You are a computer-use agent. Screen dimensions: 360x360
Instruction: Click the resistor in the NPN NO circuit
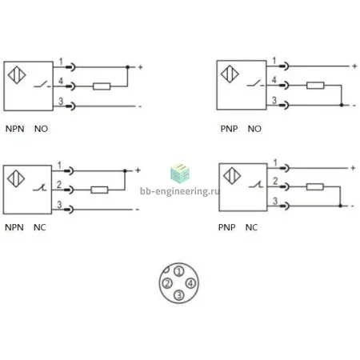point(102,86)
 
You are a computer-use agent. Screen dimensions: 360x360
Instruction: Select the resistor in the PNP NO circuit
point(315,86)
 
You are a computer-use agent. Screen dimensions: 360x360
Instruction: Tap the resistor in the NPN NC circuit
point(99,190)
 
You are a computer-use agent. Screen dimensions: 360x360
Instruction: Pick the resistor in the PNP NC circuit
point(315,186)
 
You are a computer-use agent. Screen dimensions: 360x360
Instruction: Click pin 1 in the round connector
point(179,271)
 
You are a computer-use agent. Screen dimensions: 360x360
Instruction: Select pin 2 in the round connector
point(167,283)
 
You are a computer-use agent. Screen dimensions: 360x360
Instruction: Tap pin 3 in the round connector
point(179,295)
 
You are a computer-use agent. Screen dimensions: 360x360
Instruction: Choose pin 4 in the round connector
point(190,283)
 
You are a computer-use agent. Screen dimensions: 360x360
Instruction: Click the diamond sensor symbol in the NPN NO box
point(17,75)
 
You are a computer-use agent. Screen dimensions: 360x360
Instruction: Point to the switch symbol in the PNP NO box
point(255,83)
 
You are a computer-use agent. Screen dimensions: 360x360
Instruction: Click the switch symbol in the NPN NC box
point(40,187)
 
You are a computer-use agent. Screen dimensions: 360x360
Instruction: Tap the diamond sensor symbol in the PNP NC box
point(232,176)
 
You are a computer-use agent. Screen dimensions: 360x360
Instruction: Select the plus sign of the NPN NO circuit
point(141,67)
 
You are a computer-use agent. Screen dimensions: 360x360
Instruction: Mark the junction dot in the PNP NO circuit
point(342,105)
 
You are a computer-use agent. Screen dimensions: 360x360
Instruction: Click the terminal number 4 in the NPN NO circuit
point(61,81)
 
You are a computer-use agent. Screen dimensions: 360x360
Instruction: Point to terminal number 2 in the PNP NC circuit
point(275,182)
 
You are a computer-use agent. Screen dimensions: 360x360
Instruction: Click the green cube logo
point(180,174)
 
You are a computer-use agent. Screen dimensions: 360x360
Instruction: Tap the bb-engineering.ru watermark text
point(179,191)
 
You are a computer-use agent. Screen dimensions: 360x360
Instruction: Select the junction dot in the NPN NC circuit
point(125,170)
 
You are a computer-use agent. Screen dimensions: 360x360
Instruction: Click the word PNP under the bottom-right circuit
point(226,227)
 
